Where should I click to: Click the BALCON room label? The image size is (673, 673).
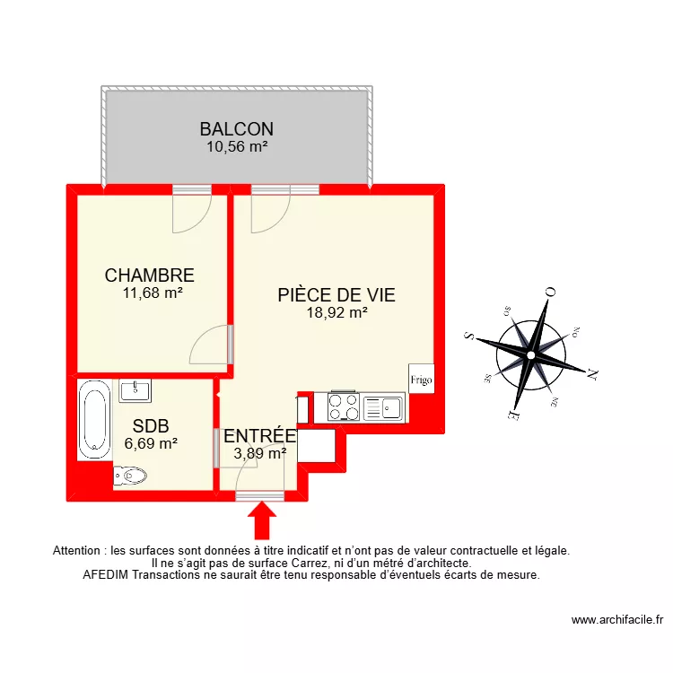(x=237, y=129)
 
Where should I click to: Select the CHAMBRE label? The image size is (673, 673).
(x=150, y=275)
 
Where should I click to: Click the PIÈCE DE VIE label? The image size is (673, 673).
(x=336, y=295)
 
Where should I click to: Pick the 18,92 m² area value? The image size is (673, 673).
(x=336, y=313)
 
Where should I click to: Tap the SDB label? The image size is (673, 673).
(x=150, y=425)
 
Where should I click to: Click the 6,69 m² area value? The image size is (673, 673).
(x=150, y=442)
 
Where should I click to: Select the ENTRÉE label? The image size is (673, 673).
(x=259, y=436)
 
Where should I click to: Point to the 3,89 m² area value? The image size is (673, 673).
(x=259, y=453)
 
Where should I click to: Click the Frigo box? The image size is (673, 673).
(x=421, y=379)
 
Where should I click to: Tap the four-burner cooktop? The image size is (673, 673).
(x=345, y=406)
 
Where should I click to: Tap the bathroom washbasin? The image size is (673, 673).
(x=135, y=389)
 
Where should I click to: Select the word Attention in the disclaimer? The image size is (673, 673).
(x=78, y=550)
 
